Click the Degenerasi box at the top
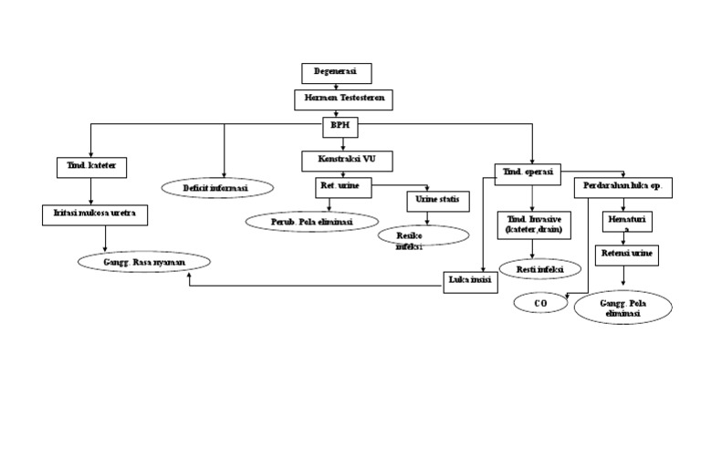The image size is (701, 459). tap(336, 72)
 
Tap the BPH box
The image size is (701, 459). tap(340, 126)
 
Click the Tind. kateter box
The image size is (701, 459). tap(90, 167)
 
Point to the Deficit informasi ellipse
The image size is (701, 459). tap(217, 187)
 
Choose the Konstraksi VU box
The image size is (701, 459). tap(346, 161)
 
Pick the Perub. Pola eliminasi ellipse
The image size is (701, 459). tap(311, 221)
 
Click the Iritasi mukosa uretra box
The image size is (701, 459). tap(94, 214)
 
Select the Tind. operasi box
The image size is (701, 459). tap(528, 172)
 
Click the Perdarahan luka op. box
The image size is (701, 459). tap(623, 186)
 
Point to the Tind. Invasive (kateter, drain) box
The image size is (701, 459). tap(533, 225)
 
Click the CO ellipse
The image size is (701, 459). tap(539, 303)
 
